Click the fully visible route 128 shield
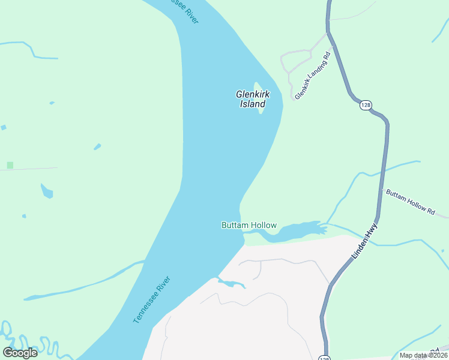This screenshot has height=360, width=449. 366,106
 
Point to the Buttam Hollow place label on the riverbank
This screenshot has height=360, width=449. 249,226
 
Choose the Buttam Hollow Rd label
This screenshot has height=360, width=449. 411,202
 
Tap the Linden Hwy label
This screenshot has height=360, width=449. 364,241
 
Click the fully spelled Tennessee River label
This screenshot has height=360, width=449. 152,300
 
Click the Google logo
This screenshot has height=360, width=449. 20,352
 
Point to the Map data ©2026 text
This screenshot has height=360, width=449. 423,355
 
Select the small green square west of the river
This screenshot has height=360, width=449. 10,165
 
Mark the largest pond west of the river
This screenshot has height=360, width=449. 46,191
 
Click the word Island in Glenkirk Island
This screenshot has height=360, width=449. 253,104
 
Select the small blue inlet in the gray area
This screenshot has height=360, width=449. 231,283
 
